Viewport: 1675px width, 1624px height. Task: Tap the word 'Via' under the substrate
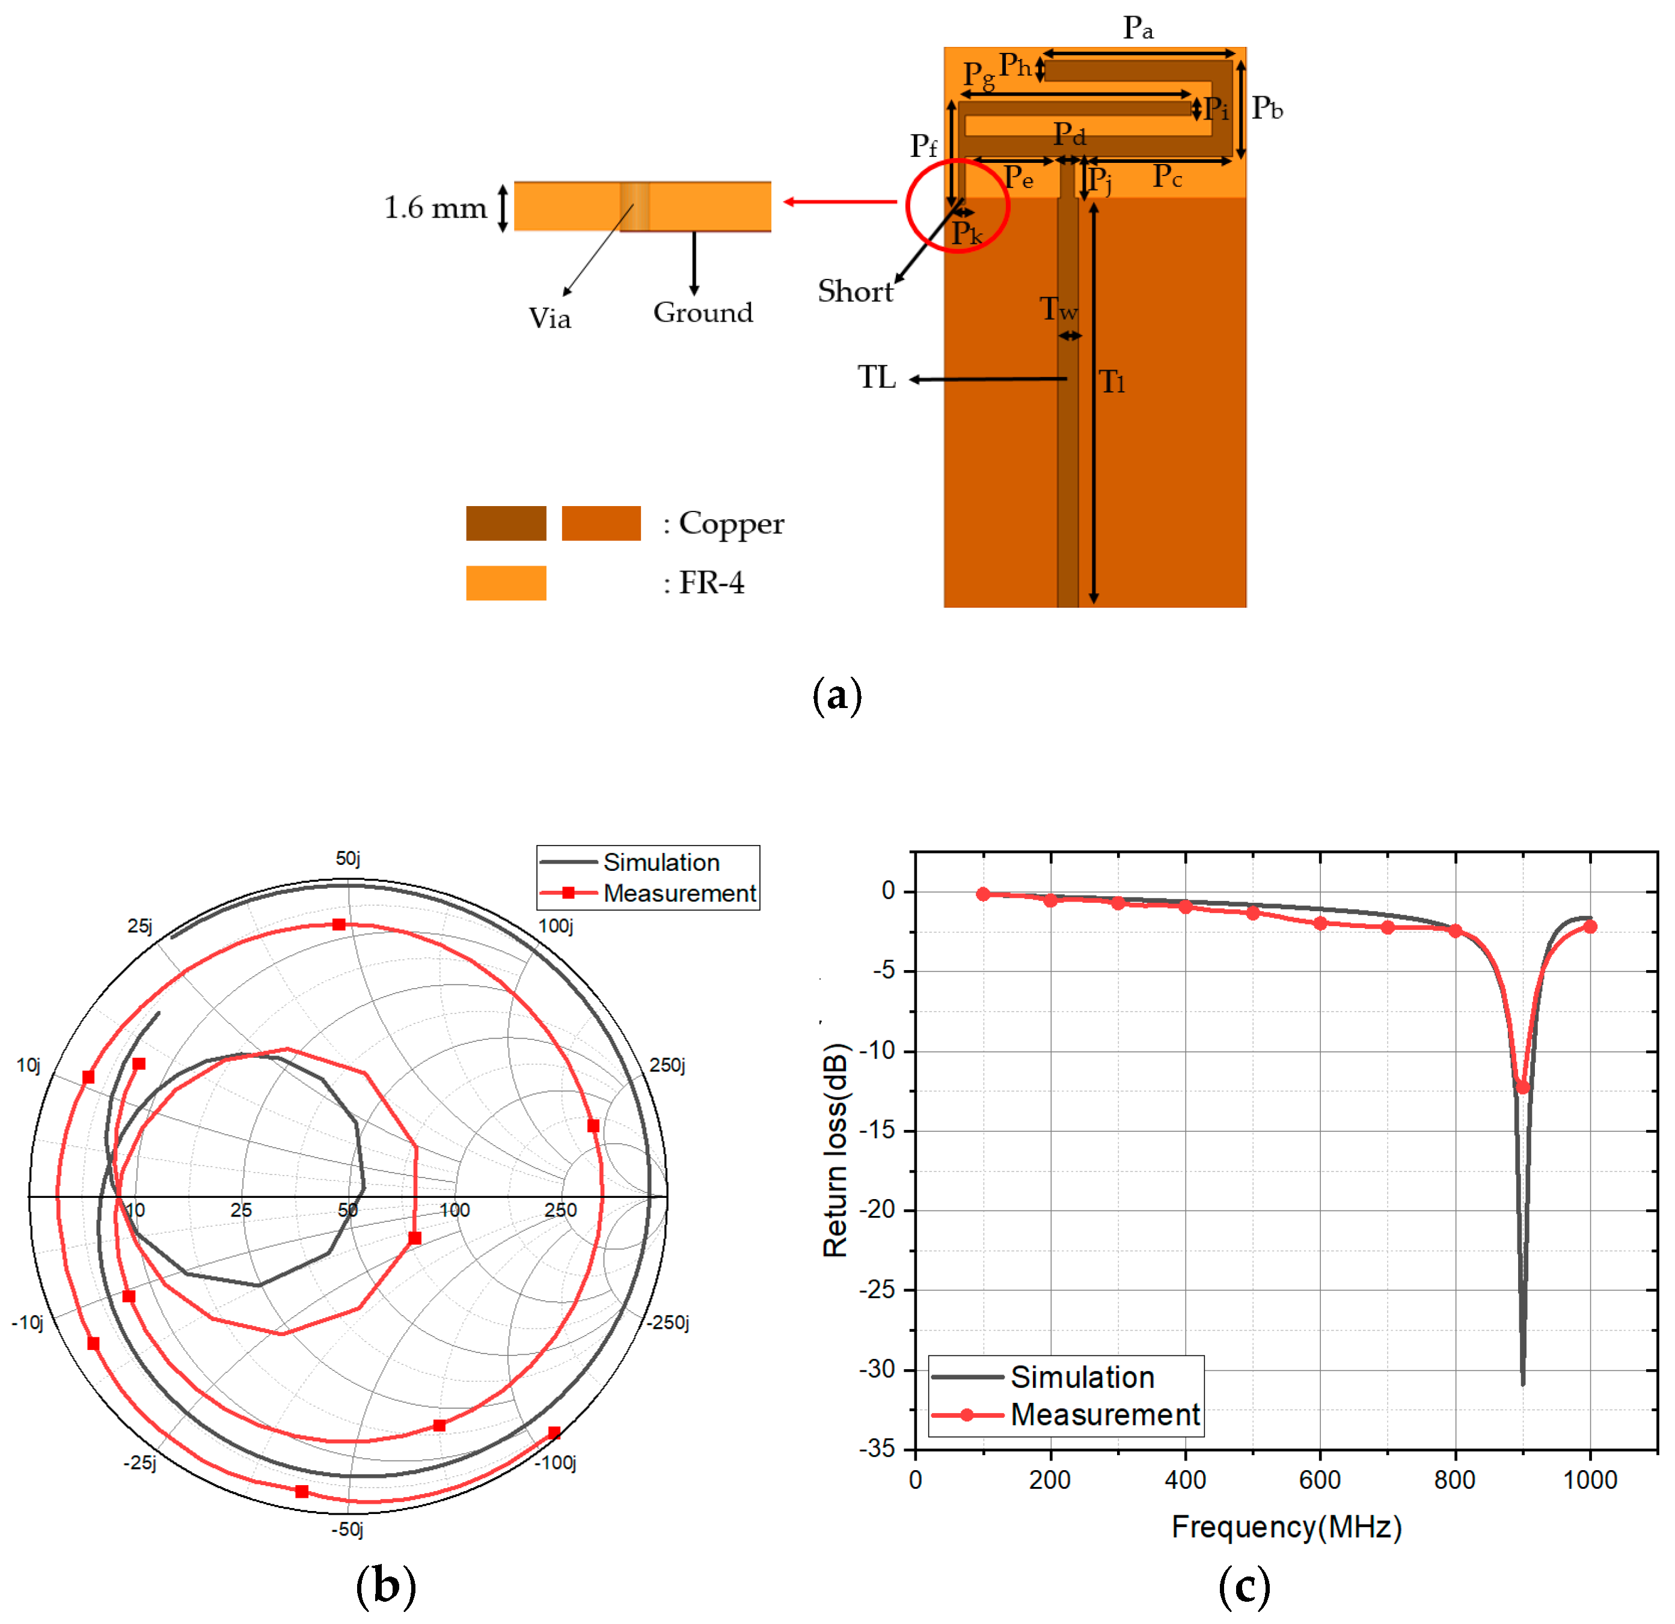(550, 319)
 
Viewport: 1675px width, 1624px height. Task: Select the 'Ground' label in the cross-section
(703, 313)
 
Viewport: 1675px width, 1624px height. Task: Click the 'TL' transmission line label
(877, 377)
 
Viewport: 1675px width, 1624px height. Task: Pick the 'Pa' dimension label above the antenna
(1138, 28)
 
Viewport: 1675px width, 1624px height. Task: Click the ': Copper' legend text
(723, 524)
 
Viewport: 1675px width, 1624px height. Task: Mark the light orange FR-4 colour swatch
(506, 582)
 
